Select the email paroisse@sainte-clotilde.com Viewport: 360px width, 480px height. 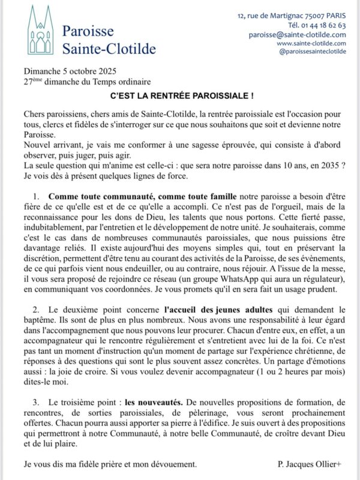point(297,35)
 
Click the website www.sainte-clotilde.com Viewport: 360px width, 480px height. point(311,43)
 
